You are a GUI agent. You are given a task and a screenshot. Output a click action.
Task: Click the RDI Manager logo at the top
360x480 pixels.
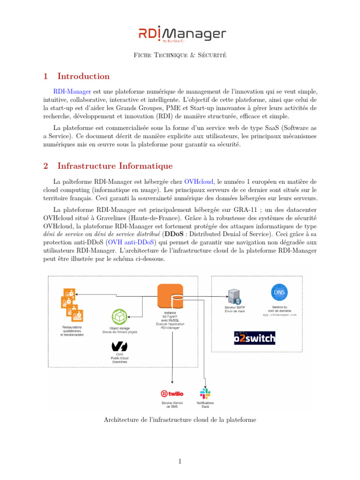pyautogui.click(x=182, y=34)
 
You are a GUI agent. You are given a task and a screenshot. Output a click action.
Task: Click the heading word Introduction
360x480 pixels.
pyautogui.click(x=83, y=76)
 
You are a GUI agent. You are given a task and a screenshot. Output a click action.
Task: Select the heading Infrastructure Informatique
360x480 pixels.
pyautogui.click(x=115, y=166)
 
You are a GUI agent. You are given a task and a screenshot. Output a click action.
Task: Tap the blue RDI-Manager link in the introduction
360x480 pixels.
pyautogui.click(x=73, y=91)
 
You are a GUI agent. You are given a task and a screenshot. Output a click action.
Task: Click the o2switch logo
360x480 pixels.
pyautogui.click(x=255, y=338)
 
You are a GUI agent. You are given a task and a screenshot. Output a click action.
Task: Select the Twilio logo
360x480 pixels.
pyautogui.click(x=172, y=394)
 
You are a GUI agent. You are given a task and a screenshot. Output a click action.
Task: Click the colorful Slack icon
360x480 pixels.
pyautogui.click(x=205, y=393)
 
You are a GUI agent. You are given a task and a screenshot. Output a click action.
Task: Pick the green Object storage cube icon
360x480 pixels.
pyautogui.click(x=120, y=317)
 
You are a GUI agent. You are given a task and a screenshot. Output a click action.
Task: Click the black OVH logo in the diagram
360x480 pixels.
pyautogui.click(x=119, y=346)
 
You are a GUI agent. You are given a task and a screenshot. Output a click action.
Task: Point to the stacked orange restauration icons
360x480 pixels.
pyautogui.click(x=72, y=305)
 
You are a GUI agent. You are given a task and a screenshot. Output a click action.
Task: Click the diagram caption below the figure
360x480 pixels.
pyautogui.click(x=180, y=420)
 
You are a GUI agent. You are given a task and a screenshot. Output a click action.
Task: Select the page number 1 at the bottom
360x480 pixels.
pyautogui.click(x=180, y=462)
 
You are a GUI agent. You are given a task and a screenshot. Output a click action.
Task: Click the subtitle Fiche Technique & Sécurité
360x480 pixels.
pyautogui.click(x=180, y=55)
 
